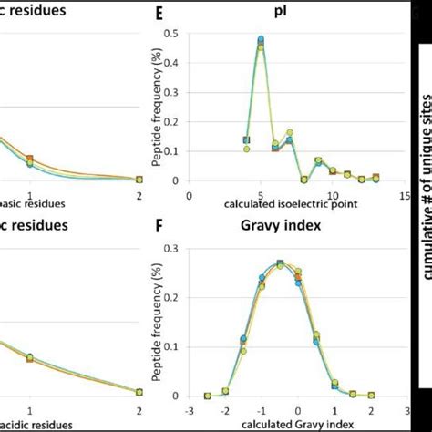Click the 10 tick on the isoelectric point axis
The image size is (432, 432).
point(332,194)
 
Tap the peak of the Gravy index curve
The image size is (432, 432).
point(280,263)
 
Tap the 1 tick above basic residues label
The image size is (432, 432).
point(30,194)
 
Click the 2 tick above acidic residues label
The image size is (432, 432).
point(139,408)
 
